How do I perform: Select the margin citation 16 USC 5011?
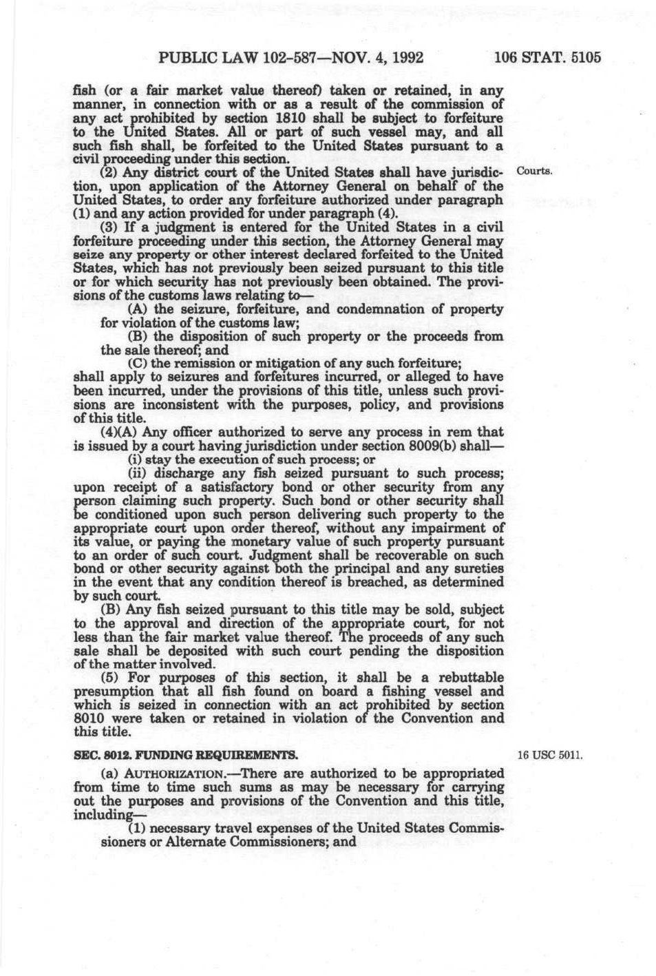[549, 754]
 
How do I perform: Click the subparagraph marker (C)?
[138, 364]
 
